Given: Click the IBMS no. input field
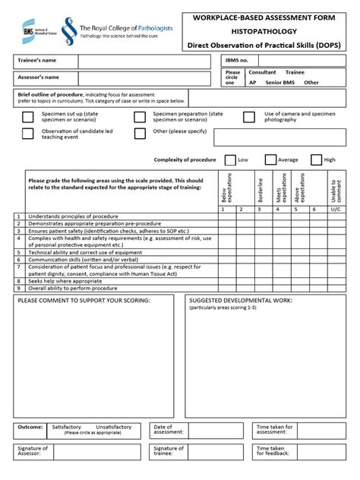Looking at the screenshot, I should coord(301,60).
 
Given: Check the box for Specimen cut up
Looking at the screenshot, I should coord(27,117).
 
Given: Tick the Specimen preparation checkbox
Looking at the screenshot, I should coord(140,117).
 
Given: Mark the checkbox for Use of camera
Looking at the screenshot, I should coord(249,117).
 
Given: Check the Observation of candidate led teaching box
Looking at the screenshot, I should coord(27,134).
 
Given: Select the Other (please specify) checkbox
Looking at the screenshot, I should coord(140,134).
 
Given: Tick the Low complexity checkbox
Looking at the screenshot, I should coord(230,159).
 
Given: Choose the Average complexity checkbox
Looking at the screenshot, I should coord(270,159).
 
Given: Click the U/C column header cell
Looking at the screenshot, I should coord(335,209).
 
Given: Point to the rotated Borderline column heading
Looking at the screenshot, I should coord(261,189).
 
